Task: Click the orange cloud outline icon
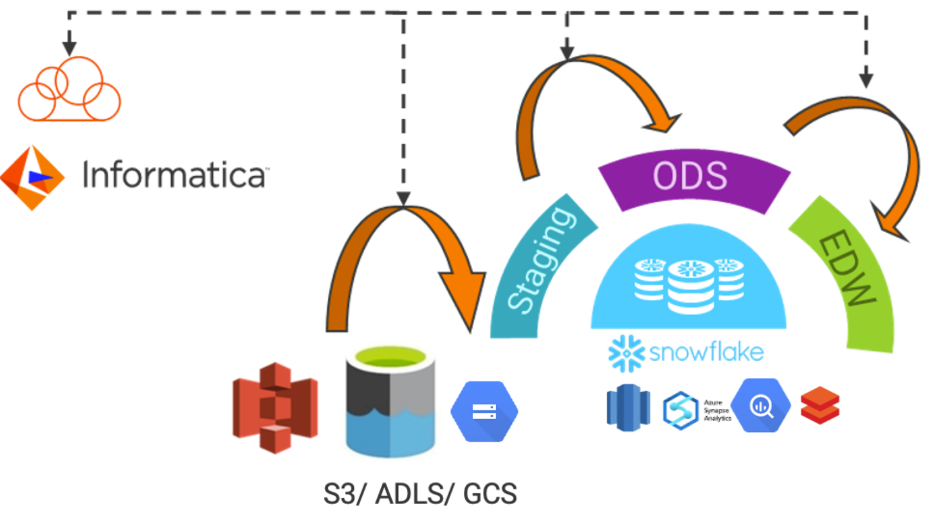69,90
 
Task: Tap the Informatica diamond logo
32,177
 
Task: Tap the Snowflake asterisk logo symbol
626,352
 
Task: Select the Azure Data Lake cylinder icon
390,402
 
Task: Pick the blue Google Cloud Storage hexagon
484,411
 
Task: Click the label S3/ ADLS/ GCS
419,494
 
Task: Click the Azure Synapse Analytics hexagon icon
681,410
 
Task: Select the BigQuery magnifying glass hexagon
760,406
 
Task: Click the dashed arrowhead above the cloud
69,49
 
